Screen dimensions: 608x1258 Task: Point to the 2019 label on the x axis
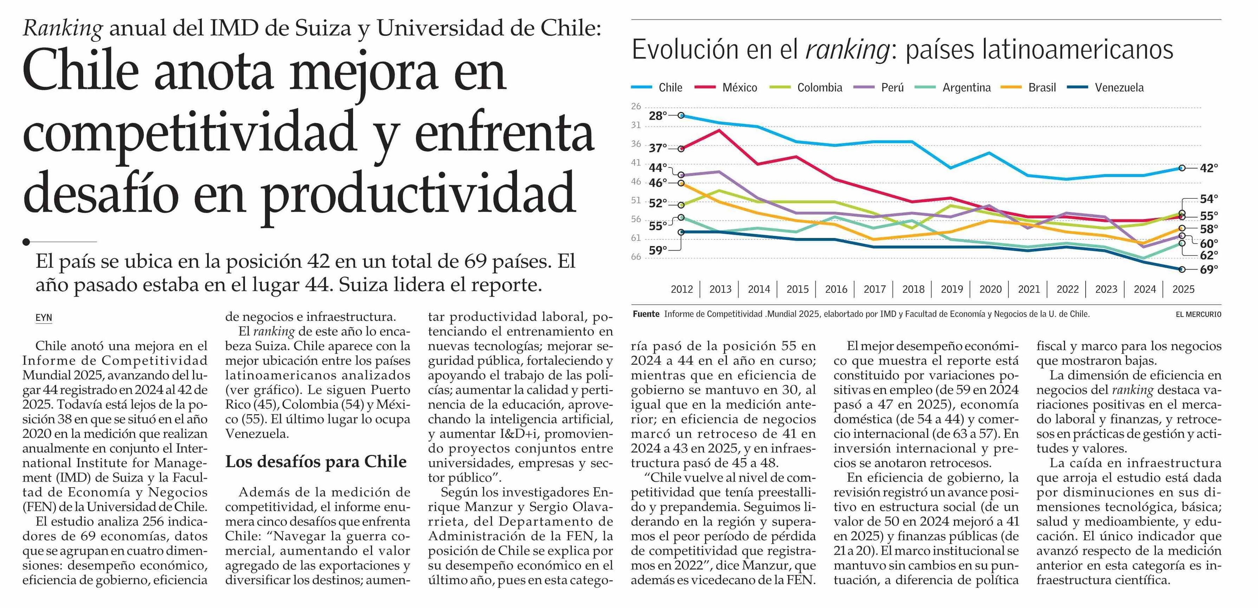[x=952, y=289]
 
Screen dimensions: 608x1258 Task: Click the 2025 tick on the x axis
[x=1183, y=289]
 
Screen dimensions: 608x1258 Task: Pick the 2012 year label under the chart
[x=682, y=289]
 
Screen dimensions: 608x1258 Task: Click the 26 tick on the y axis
[x=636, y=106]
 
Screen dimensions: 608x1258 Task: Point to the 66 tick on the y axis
[x=636, y=257]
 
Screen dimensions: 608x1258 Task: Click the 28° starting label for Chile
[x=658, y=116]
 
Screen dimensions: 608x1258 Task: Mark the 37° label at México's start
[x=658, y=148]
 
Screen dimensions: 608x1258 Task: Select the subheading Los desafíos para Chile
[x=316, y=462]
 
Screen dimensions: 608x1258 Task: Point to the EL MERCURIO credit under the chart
[x=1198, y=315]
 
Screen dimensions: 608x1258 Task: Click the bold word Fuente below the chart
[x=645, y=314]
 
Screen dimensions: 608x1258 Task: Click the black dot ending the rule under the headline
[x=26, y=242]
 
